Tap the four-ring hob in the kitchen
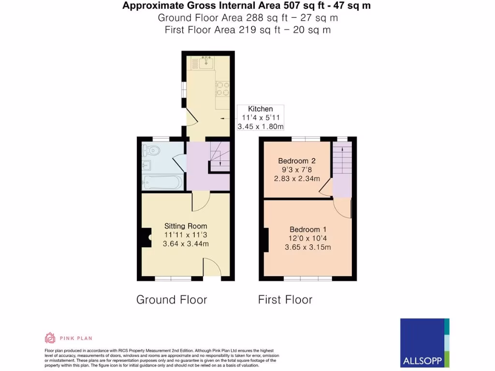pyautogui.click(x=222, y=88)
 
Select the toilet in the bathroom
pyautogui.click(x=151, y=150)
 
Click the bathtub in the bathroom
pyautogui.click(x=163, y=183)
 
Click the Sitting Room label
pyautogui.click(x=186, y=226)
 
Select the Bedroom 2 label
pyautogui.click(x=296, y=161)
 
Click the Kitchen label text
pyautogui.click(x=260, y=109)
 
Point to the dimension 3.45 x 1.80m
pyautogui.click(x=260, y=127)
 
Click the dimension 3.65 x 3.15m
pyautogui.click(x=308, y=247)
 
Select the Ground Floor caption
pyautogui.click(x=172, y=300)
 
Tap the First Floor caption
pyautogui.click(x=285, y=300)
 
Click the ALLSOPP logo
pyautogui.click(x=425, y=343)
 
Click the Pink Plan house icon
pyautogui.click(x=50, y=338)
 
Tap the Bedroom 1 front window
pyautogui.click(x=307, y=279)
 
